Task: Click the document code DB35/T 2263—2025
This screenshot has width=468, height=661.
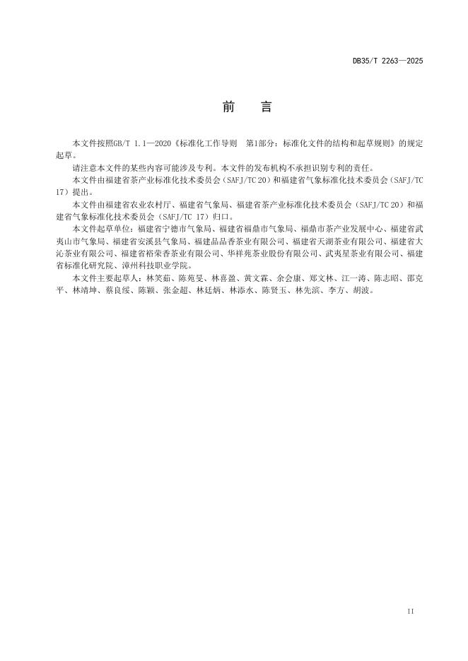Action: [387, 61]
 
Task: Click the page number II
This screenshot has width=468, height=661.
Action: [411, 610]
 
